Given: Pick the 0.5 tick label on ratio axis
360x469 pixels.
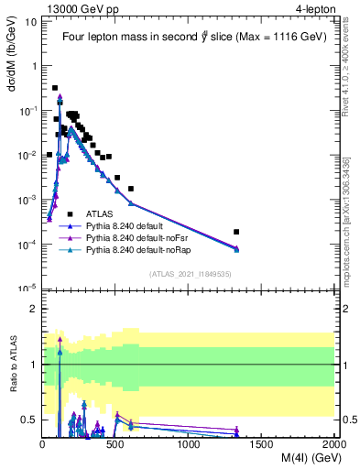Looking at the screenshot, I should (x=28, y=420).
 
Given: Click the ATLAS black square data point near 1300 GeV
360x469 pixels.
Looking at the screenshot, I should (x=236, y=232).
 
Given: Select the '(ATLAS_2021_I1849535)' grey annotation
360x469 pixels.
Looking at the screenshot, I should (x=188, y=274).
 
